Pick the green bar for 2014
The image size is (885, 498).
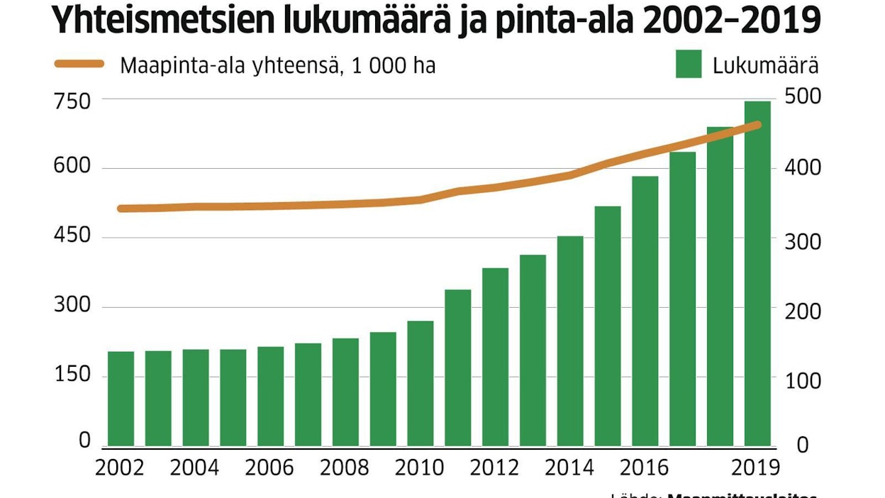(x=570, y=341)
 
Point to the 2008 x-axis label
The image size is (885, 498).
(x=345, y=468)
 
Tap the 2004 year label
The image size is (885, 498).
(x=194, y=468)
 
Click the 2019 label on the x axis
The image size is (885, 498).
(x=755, y=468)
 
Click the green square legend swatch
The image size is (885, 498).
(x=689, y=65)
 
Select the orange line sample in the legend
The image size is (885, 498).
(x=79, y=65)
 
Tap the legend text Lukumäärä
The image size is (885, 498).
(x=766, y=66)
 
